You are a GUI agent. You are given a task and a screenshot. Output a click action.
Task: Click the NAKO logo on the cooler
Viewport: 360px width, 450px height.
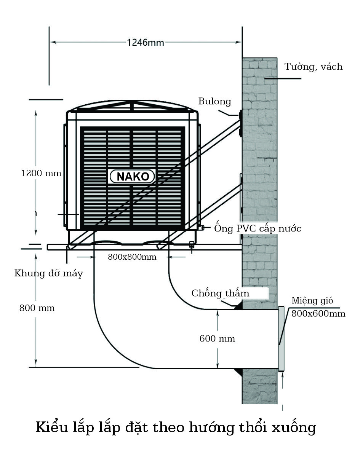point(132,176)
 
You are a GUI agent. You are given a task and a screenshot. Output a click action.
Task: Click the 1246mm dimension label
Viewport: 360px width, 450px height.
point(146,43)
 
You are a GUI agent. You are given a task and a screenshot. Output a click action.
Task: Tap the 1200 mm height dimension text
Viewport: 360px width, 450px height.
point(41,173)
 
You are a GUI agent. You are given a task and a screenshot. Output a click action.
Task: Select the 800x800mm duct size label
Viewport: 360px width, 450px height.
point(132,257)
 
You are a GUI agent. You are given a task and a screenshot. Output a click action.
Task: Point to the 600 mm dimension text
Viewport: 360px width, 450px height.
point(217,338)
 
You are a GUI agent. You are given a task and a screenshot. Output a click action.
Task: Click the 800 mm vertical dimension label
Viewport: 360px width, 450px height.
point(37,308)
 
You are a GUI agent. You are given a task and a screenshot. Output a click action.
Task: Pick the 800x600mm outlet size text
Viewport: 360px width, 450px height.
point(318,313)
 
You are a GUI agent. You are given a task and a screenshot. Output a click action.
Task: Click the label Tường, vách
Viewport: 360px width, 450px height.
point(314,67)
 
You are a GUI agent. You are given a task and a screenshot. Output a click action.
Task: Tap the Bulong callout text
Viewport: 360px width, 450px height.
point(215,101)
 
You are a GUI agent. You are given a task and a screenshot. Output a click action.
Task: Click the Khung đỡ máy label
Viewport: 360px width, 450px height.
point(48,273)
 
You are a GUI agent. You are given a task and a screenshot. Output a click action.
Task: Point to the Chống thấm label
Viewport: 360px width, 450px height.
point(220,293)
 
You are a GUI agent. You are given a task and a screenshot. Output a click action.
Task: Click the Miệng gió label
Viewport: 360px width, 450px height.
point(312,300)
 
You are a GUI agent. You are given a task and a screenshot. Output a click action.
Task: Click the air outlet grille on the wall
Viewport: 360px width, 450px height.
point(282,339)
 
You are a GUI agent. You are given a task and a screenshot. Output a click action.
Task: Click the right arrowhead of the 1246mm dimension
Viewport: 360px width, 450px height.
point(238,42)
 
